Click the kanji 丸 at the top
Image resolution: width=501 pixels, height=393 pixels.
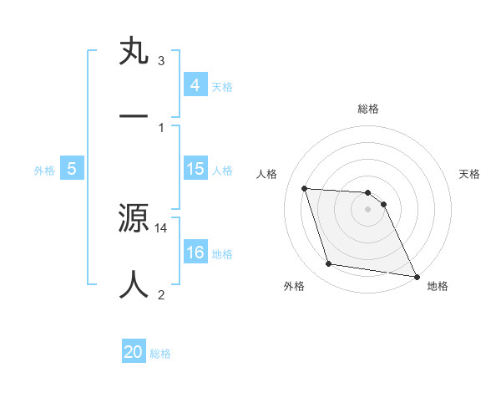(134, 51)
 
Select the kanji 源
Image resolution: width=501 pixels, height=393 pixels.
(134, 219)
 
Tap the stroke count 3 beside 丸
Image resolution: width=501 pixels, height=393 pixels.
(161, 61)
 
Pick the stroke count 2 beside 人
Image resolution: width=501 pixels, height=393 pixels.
(161, 293)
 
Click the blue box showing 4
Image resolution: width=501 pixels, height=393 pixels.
(195, 84)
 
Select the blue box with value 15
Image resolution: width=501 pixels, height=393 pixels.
(195, 169)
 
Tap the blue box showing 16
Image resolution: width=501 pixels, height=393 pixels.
(195, 253)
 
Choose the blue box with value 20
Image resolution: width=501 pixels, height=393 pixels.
(134, 352)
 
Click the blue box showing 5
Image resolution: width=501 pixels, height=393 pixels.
(72, 169)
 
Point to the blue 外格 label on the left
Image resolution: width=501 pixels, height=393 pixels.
(44, 170)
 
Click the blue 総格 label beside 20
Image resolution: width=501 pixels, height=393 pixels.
(160, 354)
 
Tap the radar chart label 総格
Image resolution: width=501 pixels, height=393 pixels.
(367, 109)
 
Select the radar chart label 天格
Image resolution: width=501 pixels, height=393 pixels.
(469, 174)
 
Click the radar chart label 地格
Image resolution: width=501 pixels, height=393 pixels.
(438, 287)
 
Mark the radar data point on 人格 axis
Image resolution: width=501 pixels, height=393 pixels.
(304, 188)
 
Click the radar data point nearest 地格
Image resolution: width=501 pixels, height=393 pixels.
(416, 275)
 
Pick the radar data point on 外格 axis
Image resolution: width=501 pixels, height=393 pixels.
(328, 264)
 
